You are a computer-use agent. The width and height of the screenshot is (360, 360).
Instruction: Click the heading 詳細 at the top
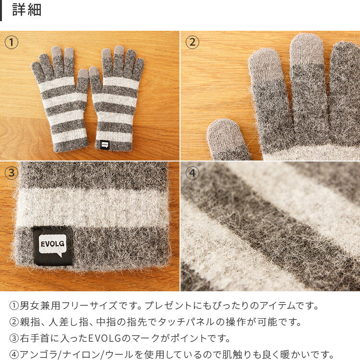26,10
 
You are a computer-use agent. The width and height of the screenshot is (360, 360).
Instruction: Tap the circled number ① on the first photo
11,42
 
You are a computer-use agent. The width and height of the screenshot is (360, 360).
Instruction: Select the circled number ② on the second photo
192,42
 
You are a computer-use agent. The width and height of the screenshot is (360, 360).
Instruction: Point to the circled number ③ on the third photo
11,173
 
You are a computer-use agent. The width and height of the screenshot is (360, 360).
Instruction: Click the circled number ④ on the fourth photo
192,173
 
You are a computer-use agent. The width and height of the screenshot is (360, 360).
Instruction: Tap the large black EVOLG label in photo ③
53,246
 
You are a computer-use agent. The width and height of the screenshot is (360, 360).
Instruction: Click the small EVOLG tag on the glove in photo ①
105,145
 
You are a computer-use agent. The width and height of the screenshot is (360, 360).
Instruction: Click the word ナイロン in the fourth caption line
81,355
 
